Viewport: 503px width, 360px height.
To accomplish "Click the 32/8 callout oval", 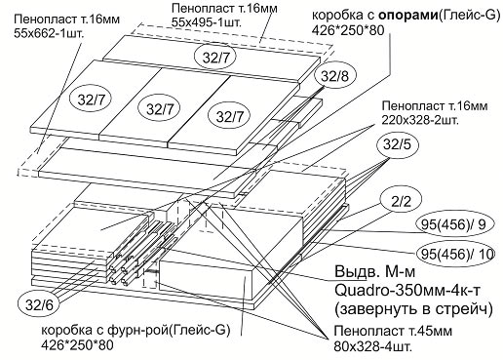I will point(333,76).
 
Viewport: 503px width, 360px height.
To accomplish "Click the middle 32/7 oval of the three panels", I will point(158,105).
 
